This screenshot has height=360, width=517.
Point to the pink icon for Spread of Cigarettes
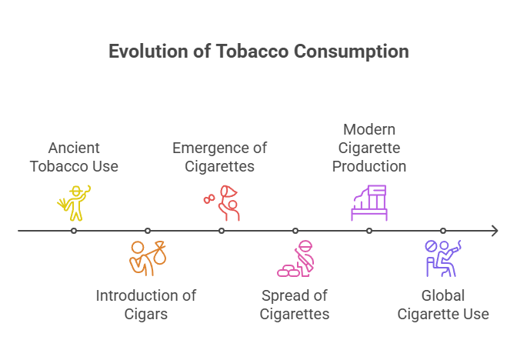click(x=296, y=259)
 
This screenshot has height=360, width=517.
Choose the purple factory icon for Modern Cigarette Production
click(x=369, y=203)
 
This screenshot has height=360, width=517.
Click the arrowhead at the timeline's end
click(x=495, y=231)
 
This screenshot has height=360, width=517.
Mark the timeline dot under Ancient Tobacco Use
click(x=74, y=231)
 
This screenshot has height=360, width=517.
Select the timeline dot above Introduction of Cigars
click(x=148, y=231)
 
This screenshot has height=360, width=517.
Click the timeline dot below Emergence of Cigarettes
click(x=222, y=231)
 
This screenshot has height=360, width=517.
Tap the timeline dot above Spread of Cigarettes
click(x=295, y=231)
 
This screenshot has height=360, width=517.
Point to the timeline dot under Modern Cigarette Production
click(x=369, y=231)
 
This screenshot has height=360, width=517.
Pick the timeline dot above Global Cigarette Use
click(x=443, y=231)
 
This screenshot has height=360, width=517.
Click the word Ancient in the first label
click(x=74, y=148)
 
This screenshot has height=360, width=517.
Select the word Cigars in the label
click(x=146, y=314)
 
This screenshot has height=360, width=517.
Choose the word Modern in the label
click(x=369, y=129)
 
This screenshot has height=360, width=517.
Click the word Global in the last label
click(x=443, y=295)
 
